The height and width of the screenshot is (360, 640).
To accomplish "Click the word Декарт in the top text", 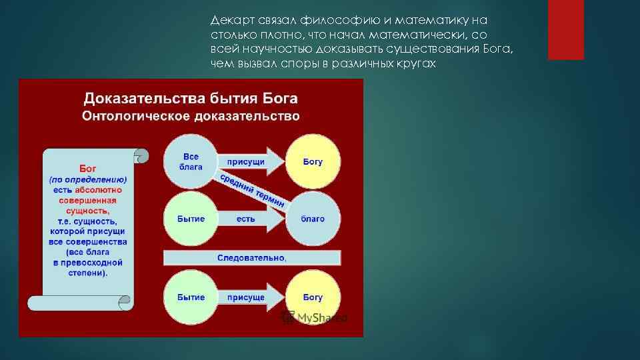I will [x=228, y=21].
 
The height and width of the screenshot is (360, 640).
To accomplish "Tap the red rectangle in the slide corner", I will [x=565, y=30].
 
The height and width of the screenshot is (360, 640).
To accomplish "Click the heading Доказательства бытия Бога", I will [x=191, y=99].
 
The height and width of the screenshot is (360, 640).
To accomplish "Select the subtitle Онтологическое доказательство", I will [x=191, y=116].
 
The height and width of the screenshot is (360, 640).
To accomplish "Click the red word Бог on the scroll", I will [x=88, y=169].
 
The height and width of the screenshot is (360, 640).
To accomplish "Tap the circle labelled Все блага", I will [x=191, y=162].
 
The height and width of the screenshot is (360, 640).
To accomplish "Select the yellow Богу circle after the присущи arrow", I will [x=313, y=162].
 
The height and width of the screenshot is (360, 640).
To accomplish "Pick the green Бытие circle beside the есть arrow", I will [x=191, y=219].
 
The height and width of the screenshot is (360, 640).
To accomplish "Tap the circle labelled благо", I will [x=313, y=219].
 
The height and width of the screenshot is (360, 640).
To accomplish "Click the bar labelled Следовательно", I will [x=252, y=258].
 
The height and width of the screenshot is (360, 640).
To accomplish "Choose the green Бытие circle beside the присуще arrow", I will [x=191, y=297].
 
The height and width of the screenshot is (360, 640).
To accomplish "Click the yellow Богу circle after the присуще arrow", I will [x=313, y=297].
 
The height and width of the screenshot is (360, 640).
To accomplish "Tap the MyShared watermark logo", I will [x=314, y=318].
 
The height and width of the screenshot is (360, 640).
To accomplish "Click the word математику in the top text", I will [x=444, y=21].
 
